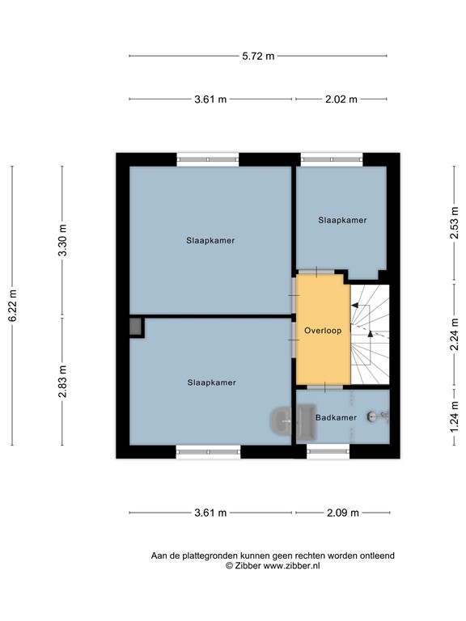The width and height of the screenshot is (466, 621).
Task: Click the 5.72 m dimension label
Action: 258,56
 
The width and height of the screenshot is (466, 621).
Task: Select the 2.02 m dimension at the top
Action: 341,99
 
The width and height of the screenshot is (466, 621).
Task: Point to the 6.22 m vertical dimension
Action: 11,306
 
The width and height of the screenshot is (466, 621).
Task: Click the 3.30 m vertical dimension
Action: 62,240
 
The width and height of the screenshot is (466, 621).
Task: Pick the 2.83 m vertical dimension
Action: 62,382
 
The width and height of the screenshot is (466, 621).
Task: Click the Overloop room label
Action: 322,331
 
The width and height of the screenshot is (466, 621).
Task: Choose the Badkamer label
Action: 336,417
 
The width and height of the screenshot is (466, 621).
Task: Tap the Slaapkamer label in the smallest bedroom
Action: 342,220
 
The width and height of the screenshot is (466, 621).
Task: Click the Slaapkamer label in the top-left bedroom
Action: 210,240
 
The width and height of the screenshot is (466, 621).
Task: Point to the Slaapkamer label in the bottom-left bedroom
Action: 211,382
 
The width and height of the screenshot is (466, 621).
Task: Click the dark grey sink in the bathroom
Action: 282,419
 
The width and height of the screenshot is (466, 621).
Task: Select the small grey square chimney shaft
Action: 135,326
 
